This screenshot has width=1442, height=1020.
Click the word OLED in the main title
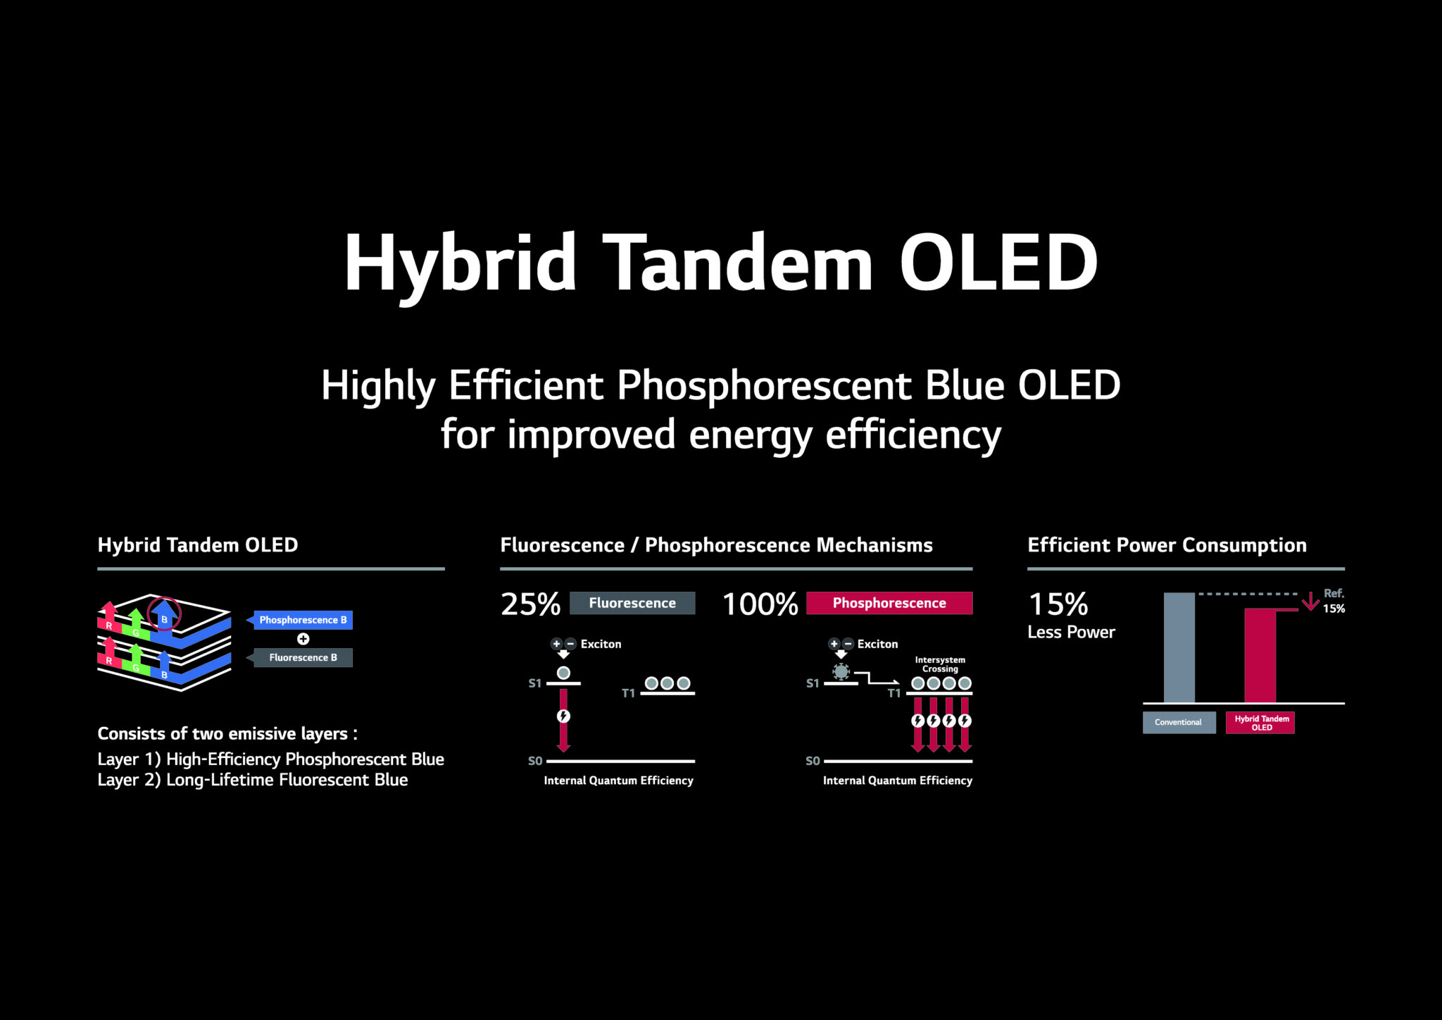(x=998, y=262)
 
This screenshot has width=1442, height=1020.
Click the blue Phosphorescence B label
(x=303, y=620)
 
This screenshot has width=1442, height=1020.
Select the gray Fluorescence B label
(x=303, y=657)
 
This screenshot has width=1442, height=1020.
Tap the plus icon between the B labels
(x=303, y=639)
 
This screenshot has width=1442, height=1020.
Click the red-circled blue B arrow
(x=164, y=614)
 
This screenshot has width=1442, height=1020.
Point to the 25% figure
(x=530, y=604)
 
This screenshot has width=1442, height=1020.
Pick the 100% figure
(x=760, y=604)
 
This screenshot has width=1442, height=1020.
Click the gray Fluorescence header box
(x=632, y=603)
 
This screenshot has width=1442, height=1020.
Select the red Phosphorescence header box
(x=889, y=603)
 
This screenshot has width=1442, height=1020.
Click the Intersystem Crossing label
(x=940, y=664)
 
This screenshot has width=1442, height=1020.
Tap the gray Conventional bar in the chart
(x=1179, y=648)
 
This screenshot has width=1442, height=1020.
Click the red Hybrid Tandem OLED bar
(x=1260, y=655)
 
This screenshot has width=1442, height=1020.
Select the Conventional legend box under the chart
(x=1179, y=723)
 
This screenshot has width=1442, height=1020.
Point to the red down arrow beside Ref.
(x=1310, y=602)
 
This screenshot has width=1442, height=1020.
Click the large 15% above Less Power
(x=1058, y=604)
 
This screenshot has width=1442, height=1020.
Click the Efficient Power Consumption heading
(x=1167, y=545)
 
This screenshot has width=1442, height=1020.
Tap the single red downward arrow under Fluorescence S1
(x=563, y=733)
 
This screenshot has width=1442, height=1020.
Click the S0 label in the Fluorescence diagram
(x=535, y=761)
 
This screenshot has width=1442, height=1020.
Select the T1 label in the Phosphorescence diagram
(x=894, y=693)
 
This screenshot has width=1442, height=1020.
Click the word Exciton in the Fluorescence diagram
(x=601, y=644)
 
